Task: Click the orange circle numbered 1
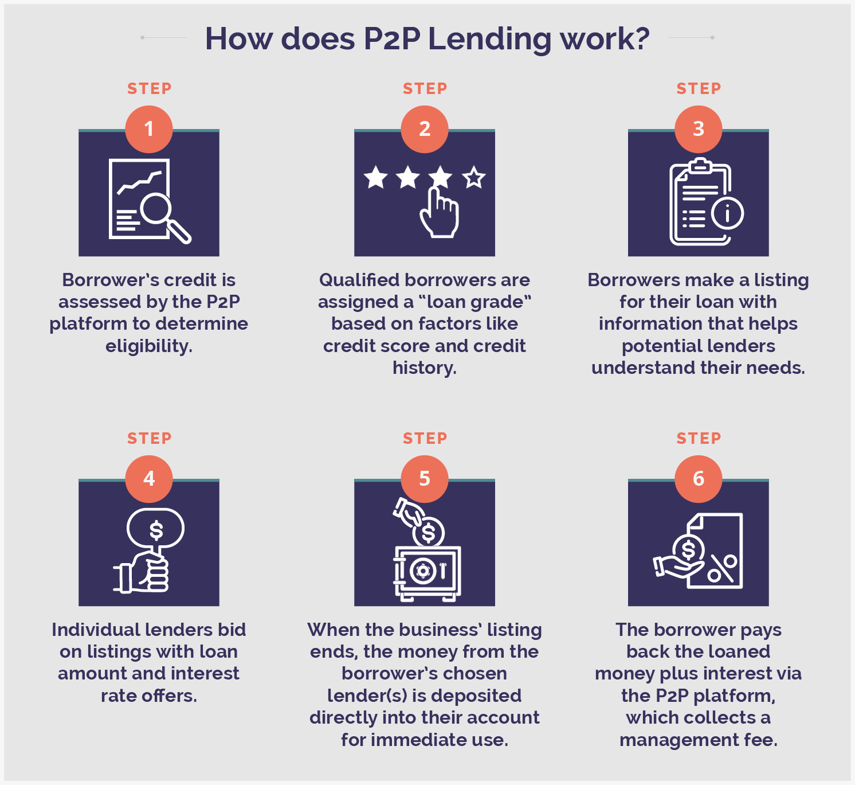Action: tap(149, 129)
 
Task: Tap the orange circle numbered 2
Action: tap(425, 129)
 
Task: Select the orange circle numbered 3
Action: tap(698, 129)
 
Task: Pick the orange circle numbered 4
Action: tap(149, 479)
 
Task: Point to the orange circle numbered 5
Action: tap(425, 479)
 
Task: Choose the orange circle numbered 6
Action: tap(698, 479)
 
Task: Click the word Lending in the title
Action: tap(489, 39)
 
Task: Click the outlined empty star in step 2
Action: tap(474, 178)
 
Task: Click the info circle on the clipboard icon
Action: tap(728, 213)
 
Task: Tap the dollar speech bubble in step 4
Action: tap(155, 529)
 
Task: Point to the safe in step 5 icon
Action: tap(427, 572)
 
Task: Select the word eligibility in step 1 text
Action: tap(148, 346)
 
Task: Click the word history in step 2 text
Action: tap(424, 368)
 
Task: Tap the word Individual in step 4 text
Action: tap(93, 630)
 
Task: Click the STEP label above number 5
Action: tap(425, 439)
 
